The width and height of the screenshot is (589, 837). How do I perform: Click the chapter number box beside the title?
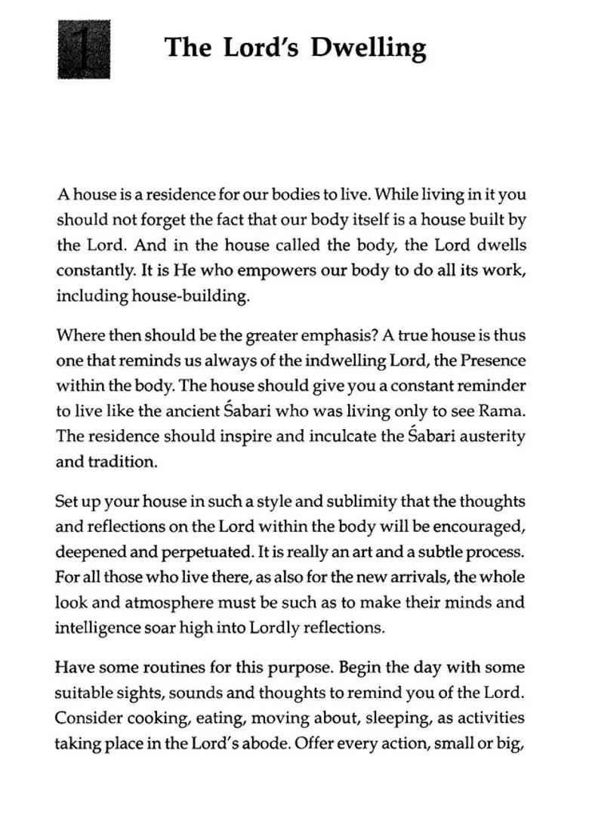click(84, 49)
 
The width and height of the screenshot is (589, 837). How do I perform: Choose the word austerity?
click(492, 437)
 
